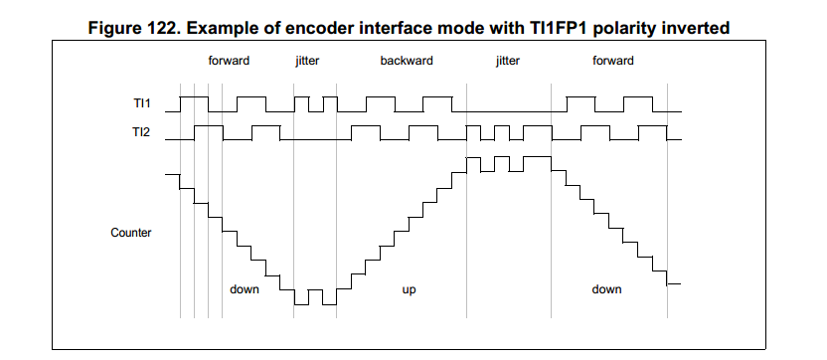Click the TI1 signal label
(x=142, y=103)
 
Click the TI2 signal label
(x=142, y=132)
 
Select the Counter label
(x=131, y=233)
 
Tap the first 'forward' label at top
(x=229, y=61)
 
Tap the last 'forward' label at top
(x=613, y=61)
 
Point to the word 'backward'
(x=407, y=61)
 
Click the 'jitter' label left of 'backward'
(x=307, y=62)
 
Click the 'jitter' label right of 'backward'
(x=507, y=62)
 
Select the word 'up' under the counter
(x=410, y=289)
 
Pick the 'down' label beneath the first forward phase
(x=245, y=289)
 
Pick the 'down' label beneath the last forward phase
(x=606, y=289)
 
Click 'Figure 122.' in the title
(x=132, y=28)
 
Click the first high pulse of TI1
(x=194, y=97)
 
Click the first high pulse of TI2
(x=209, y=125)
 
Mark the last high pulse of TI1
(x=638, y=97)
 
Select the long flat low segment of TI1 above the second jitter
(x=510, y=112)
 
